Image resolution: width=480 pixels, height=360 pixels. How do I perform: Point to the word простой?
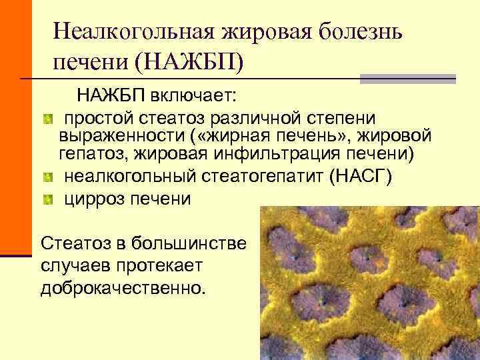pos(99,118)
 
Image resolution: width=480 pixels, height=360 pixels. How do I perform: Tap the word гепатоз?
pos(93,155)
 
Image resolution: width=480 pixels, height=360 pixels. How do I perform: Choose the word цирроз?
pos(95,199)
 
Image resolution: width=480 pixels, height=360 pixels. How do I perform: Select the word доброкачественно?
pos(124,287)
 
